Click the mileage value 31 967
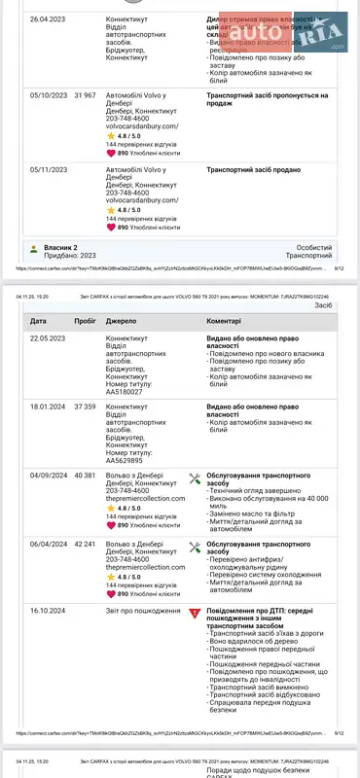(85, 96)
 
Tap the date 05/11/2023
(48, 169)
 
